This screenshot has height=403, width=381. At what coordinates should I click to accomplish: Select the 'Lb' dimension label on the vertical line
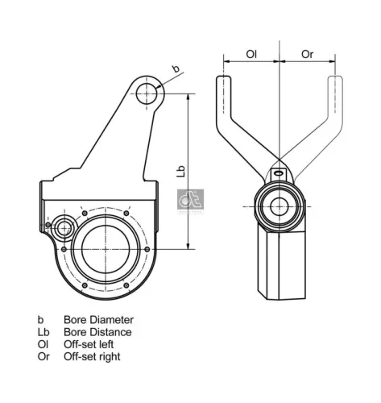click(x=182, y=171)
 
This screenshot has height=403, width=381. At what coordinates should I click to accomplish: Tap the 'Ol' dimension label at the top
click(x=251, y=54)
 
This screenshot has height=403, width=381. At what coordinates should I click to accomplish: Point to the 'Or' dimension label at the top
click(x=307, y=54)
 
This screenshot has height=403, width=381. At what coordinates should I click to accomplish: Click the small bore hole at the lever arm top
click(x=147, y=93)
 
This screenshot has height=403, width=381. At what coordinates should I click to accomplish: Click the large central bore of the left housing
click(x=105, y=247)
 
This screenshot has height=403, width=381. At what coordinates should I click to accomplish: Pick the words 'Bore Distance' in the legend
click(x=97, y=332)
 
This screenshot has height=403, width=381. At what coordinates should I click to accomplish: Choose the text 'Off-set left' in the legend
click(x=90, y=344)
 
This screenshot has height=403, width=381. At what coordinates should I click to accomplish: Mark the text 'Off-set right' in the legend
click(x=93, y=356)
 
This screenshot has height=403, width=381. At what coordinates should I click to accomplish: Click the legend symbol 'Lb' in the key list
click(x=43, y=332)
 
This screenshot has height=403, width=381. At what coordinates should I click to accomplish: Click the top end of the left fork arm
click(x=224, y=81)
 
